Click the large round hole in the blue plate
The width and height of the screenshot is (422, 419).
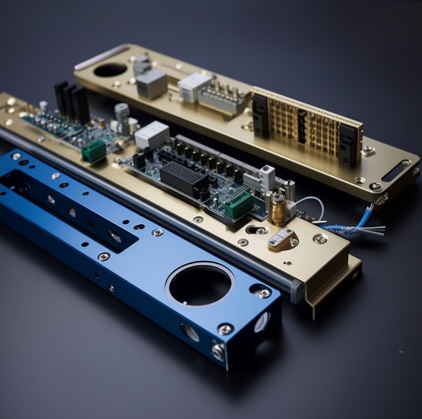tap(200, 285)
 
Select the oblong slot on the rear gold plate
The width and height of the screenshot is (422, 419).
tap(395, 171)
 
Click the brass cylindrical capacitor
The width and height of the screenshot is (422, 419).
tap(278, 209)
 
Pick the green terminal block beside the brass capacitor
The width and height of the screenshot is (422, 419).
tap(238, 205)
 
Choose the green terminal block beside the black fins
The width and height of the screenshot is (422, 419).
tap(94, 151)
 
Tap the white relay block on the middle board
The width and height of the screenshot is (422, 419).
tap(152, 134)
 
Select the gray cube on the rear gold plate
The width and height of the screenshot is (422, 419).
tap(152, 84)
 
